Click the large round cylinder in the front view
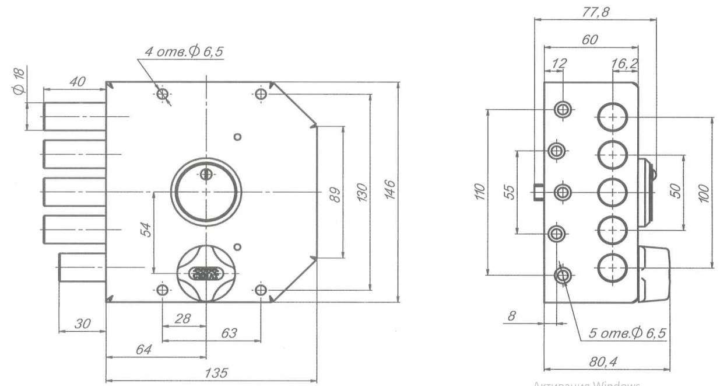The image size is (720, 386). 205,192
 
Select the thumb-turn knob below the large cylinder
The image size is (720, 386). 205,272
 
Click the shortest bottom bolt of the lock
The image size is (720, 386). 82,267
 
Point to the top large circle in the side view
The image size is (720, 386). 612,117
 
